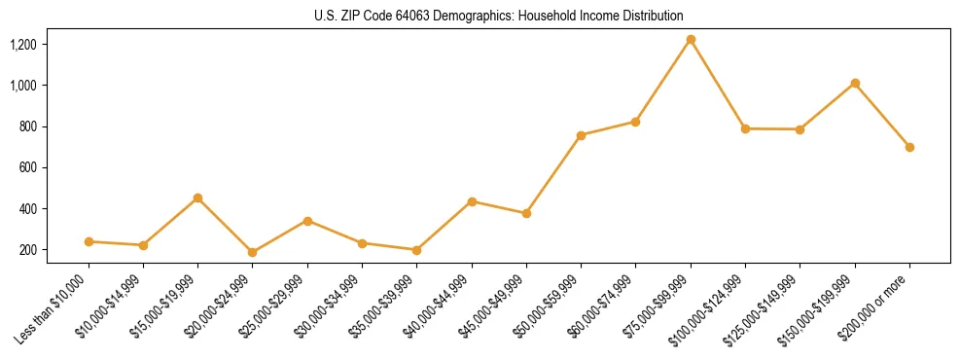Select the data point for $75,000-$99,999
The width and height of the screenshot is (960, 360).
click(x=691, y=40)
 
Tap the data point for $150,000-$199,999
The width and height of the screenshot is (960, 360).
click(x=855, y=84)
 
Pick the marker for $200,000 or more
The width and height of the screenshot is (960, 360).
click(x=909, y=147)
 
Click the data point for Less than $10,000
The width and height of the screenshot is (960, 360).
click(x=89, y=241)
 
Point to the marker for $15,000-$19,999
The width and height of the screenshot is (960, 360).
click(x=197, y=198)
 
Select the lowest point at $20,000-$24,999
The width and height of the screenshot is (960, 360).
click(x=253, y=252)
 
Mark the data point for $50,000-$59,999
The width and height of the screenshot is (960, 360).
click(x=581, y=135)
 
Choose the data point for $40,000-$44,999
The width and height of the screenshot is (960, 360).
click(x=472, y=201)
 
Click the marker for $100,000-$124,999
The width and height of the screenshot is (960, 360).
click(x=745, y=128)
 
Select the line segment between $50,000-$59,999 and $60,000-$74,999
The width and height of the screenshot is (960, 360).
click(x=608, y=128)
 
